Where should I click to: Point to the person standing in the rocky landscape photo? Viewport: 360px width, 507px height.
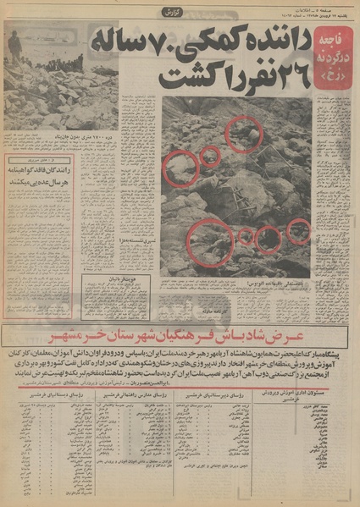(15, 47)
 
